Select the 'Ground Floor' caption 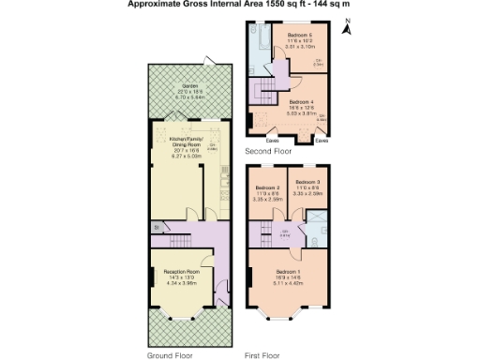tap(170, 357)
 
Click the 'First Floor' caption tap(263, 357)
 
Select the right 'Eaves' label tap(322, 142)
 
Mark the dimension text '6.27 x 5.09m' tap(187, 156)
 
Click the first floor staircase tap(267, 229)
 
